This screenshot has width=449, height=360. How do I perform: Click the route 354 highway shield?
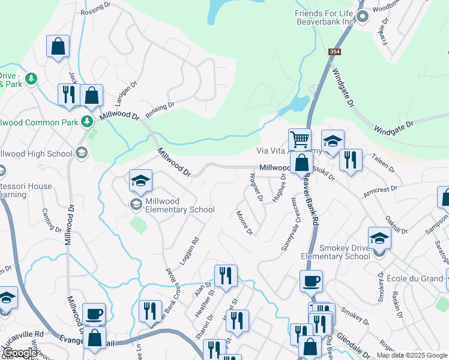[335, 53]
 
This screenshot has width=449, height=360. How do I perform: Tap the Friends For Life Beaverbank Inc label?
[325, 17]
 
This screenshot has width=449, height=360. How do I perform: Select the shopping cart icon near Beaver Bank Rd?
[299, 140]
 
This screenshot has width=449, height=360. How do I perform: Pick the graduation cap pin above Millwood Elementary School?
[140, 180]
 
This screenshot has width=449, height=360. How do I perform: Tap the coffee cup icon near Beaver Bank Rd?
[311, 281]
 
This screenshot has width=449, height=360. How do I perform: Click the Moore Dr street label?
[244, 223]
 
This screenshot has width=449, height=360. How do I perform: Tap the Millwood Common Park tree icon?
[88, 122]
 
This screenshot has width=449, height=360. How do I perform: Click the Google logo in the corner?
[20, 353]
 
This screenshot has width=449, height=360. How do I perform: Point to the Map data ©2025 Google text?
[412, 355]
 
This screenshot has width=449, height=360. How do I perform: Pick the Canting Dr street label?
[52, 220]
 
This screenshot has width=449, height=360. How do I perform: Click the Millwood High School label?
[36, 154]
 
